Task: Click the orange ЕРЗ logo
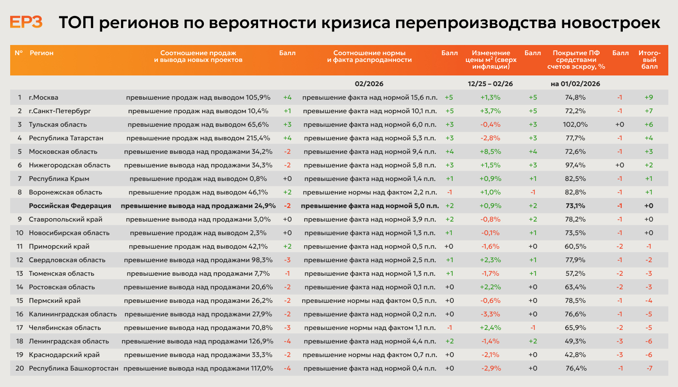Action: click(26, 22)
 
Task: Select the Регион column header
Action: click(42, 53)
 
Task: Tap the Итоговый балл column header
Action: click(649, 60)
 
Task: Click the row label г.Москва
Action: click(44, 97)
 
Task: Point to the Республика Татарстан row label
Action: click(66, 138)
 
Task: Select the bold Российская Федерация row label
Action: click(70, 206)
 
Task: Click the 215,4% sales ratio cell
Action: click(198, 138)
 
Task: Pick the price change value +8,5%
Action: click(490, 151)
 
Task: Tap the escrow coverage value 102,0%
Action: click(575, 124)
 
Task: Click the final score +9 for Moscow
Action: click(648, 97)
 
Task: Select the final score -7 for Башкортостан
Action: click(649, 368)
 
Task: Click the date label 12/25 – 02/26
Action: click(490, 84)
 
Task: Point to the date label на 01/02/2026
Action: click(575, 84)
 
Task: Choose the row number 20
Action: click(19, 368)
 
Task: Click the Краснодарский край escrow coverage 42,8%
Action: click(575, 355)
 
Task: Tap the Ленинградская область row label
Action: click(69, 341)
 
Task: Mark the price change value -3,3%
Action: click(490, 314)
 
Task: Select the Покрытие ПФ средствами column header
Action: click(576, 60)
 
